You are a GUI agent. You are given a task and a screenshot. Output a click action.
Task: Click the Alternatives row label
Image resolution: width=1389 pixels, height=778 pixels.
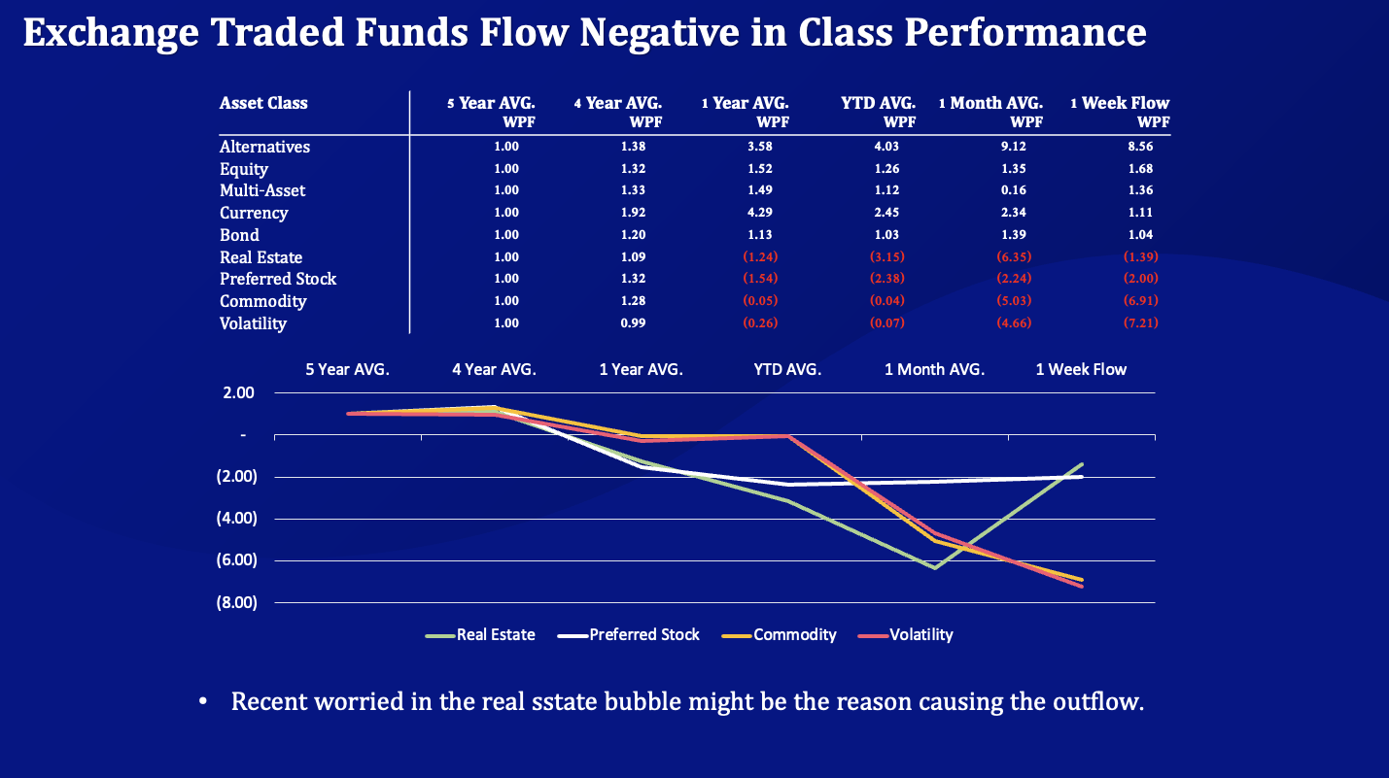click(x=264, y=147)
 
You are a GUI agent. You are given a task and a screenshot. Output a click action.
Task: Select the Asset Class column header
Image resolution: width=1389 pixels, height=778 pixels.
click(x=263, y=103)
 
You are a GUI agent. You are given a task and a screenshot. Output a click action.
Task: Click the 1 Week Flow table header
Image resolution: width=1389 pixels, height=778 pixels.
click(x=1120, y=103)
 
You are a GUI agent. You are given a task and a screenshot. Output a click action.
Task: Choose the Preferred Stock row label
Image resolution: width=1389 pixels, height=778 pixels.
click(x=278, y=279)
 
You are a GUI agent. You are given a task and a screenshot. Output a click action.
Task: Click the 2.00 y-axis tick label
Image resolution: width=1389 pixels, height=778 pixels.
click(x=238, y=393)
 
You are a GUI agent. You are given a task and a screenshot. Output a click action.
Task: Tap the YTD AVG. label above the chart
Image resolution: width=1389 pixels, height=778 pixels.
click(x=787, y=369)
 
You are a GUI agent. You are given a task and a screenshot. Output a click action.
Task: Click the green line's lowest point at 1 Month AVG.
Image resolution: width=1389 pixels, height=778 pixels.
click(x=935, y=568)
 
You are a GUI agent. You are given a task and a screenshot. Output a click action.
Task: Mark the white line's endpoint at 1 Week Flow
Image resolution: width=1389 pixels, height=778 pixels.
click(x=1082, y=477)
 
